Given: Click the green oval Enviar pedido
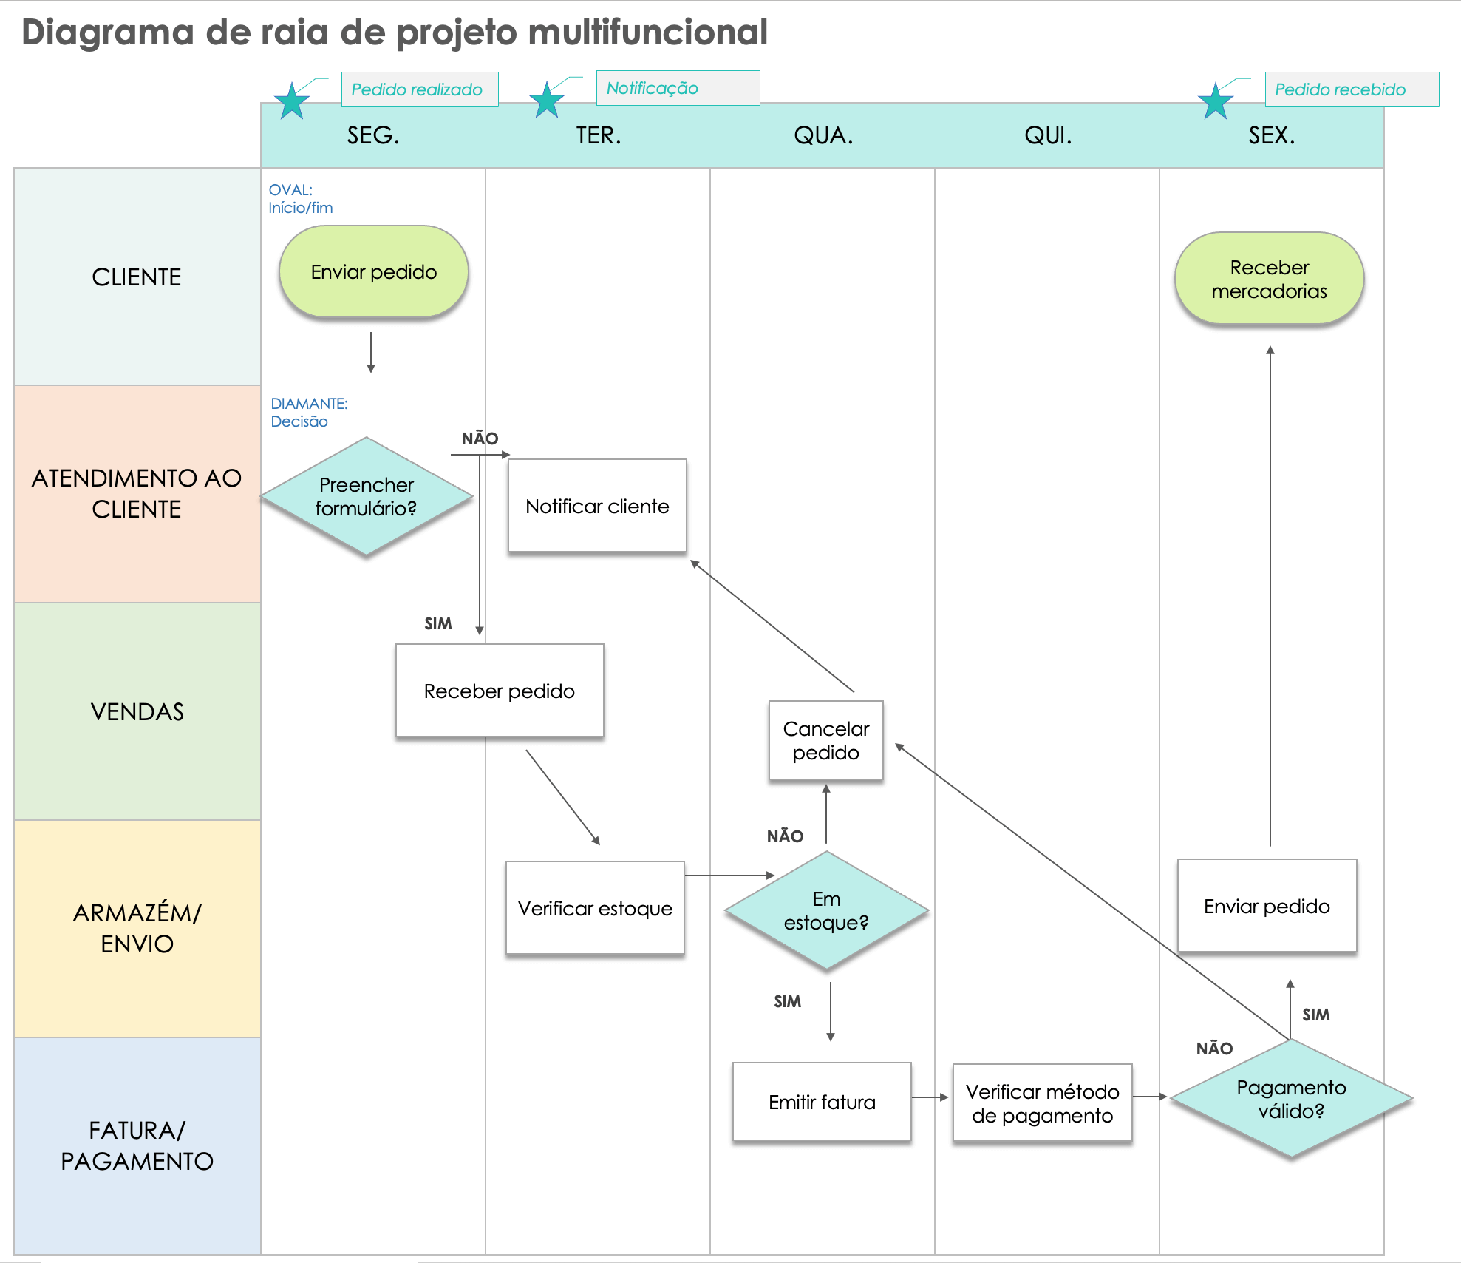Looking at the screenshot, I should click(373, 272).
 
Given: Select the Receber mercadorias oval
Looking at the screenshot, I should click(1269, 279).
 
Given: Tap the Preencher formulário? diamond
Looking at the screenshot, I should click(366, 496).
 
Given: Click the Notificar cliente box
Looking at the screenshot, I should click(597, 506).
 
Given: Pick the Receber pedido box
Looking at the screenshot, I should click(500, 691).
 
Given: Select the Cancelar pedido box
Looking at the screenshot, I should click(825, 740).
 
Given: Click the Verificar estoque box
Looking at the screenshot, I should click(595, 908).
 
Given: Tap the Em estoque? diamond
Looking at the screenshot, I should click(826, 910).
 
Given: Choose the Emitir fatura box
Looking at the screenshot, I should click(822, 1102).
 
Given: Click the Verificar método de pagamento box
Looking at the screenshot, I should click(1042, 1103).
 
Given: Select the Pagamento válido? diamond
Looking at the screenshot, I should click(1291, 1099).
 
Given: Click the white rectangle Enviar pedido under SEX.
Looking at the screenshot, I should click(1267, 906).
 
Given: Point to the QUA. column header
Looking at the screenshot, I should click(823, 135).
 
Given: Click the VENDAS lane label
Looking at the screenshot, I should click(137, 711).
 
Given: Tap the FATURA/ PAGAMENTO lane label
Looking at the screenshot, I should click(137, 1145).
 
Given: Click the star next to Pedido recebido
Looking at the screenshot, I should click(1216, 101).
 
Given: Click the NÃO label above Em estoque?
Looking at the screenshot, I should click(785, 836).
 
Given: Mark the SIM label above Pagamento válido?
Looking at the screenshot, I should click(1315, 1015).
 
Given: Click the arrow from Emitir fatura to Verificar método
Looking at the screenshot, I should click(930, 1097).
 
